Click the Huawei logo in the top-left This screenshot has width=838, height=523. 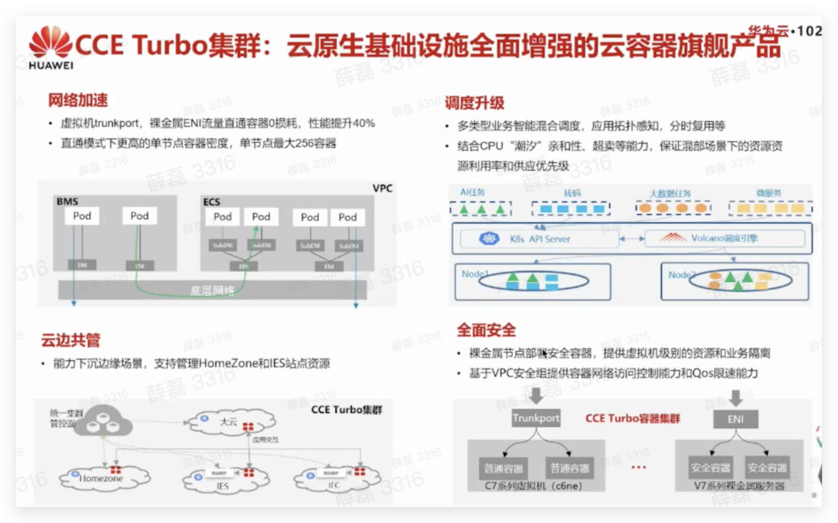click(x=50, y=46)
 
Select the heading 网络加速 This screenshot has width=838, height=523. click(x=77, y=100)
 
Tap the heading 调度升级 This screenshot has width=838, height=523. click(x=474, y=102)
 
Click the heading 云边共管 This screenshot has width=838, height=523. click(x=71, y=341)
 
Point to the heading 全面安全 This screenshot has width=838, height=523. click(x=486, y=330)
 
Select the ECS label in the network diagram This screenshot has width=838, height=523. click(x=211, y=201)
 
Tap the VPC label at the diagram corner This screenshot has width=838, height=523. click(x=382, y=188)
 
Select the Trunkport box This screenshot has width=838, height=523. click(x=536, y=418)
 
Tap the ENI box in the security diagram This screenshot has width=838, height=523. click(x=734, y=419)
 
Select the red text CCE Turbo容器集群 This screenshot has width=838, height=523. click(x=632, y=418)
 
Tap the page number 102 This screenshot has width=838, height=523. click(x=810, y=30)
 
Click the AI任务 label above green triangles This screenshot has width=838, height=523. click(x=472, y=192)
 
